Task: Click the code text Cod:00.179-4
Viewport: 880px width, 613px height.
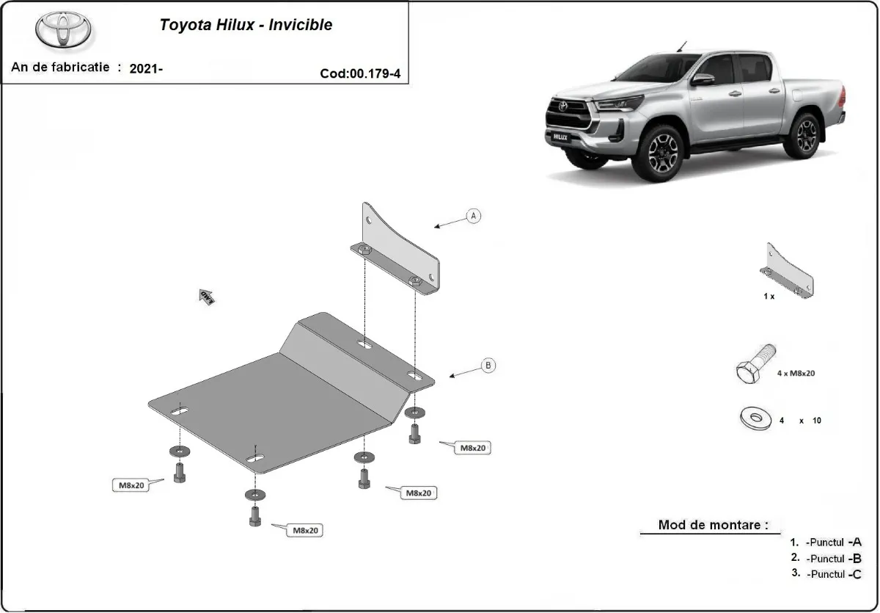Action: [360, 73]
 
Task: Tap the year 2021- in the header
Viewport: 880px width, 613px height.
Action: [146, 69]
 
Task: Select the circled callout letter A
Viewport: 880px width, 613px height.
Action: [474, 216]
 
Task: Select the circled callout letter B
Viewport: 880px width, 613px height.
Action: [488, 365]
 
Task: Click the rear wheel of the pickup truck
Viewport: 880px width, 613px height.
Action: [806, 134]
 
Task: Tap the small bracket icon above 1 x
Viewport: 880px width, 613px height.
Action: [789, 271]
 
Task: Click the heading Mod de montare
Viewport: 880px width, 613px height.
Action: [713, 525]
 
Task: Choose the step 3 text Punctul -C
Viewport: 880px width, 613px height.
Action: [833, 574]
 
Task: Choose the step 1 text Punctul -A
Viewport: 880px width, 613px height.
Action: [833, 543]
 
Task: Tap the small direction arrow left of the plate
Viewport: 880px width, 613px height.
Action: [206, 297]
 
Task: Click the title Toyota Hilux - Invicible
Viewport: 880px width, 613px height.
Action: [246, 25]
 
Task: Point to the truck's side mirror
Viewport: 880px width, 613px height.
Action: [703, 79]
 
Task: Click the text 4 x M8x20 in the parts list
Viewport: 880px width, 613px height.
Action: [796, 373]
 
